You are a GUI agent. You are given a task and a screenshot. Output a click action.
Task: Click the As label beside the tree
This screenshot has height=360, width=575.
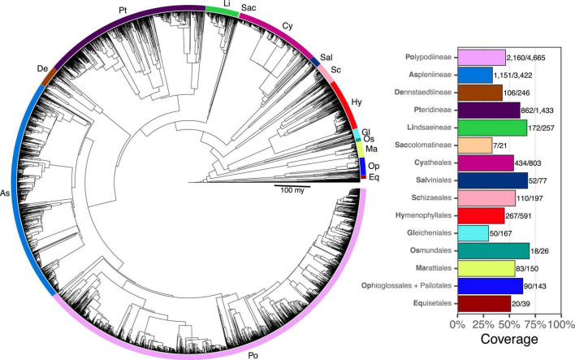pos(6,193)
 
